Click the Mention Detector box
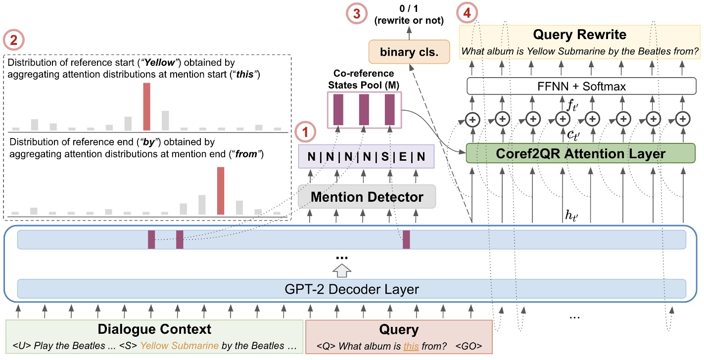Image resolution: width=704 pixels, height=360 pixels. pos(367,197)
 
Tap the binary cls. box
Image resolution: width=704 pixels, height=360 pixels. pos(409,51)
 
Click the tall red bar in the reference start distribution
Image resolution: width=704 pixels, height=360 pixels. pos(146,106)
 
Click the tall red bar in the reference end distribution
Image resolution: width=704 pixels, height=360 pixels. pos(221,191)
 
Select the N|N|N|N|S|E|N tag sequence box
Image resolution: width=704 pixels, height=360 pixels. pos(366,157)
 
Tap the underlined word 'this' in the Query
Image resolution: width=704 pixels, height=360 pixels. pos(411,346)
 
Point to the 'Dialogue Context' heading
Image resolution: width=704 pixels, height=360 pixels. pos(154,329)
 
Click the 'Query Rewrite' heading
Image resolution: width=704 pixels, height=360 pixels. pos(580,35)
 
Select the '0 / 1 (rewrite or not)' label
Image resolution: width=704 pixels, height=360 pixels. pos(409,15)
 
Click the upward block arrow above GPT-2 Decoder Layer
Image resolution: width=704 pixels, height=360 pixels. pos(343,270)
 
